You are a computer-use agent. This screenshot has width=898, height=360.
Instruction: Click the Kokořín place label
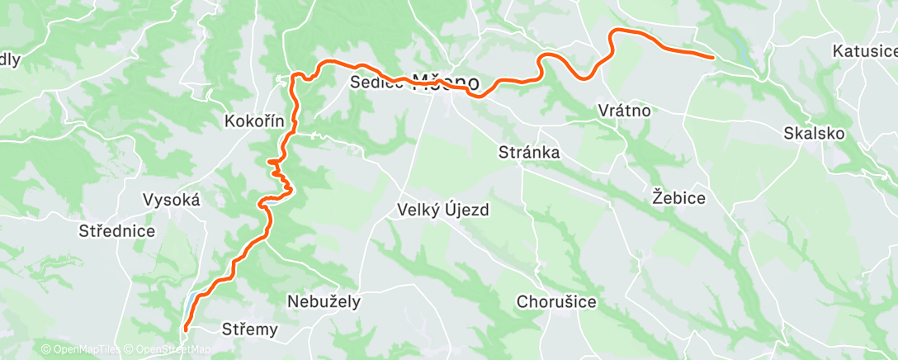point(254,121)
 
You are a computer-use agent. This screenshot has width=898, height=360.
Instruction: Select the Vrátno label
point(625,111)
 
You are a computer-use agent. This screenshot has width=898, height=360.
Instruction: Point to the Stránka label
point(530,152)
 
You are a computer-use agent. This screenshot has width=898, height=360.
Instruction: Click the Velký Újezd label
point(444,210)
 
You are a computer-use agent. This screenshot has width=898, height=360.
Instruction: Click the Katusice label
point(864,51)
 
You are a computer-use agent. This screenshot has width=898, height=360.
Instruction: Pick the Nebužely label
point(324,301)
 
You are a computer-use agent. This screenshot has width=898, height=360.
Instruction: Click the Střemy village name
point(250,329)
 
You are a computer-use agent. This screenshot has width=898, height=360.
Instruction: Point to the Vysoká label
point(172,199)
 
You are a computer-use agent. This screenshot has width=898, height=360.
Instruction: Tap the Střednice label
point(117,230)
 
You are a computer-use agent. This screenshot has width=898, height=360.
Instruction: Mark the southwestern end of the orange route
point(185,329)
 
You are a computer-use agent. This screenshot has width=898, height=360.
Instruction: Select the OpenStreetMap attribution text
point(168,349)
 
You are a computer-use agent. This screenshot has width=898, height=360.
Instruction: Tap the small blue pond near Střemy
point(191,297)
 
